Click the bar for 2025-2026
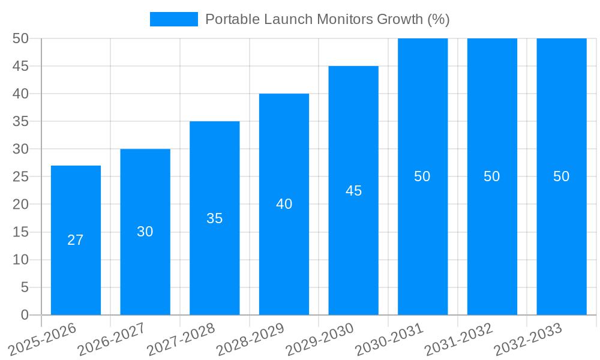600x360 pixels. point(76,240)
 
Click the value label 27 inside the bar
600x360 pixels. point(76,240)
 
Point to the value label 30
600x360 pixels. point(145,232)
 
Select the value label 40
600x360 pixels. point(284,204)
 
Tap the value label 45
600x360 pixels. point(353,191)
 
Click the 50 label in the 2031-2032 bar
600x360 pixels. point(492,176)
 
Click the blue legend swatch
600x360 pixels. point(173,19)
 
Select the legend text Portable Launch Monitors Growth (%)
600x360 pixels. point(327,19)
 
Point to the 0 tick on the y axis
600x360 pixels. point(25,315)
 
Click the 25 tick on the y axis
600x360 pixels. point(21,177)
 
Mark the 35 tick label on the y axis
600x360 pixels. point(21,121)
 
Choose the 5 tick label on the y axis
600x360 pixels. point(25,287)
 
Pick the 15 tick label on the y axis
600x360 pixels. point(21,232)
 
